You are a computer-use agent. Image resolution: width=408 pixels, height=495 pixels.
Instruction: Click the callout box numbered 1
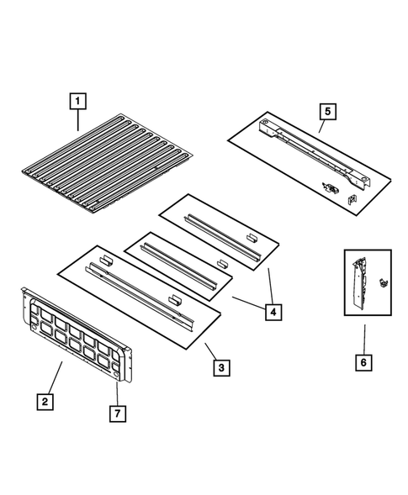pos(77,103)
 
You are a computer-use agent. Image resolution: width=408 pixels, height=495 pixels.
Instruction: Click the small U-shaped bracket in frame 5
pos(352,198)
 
